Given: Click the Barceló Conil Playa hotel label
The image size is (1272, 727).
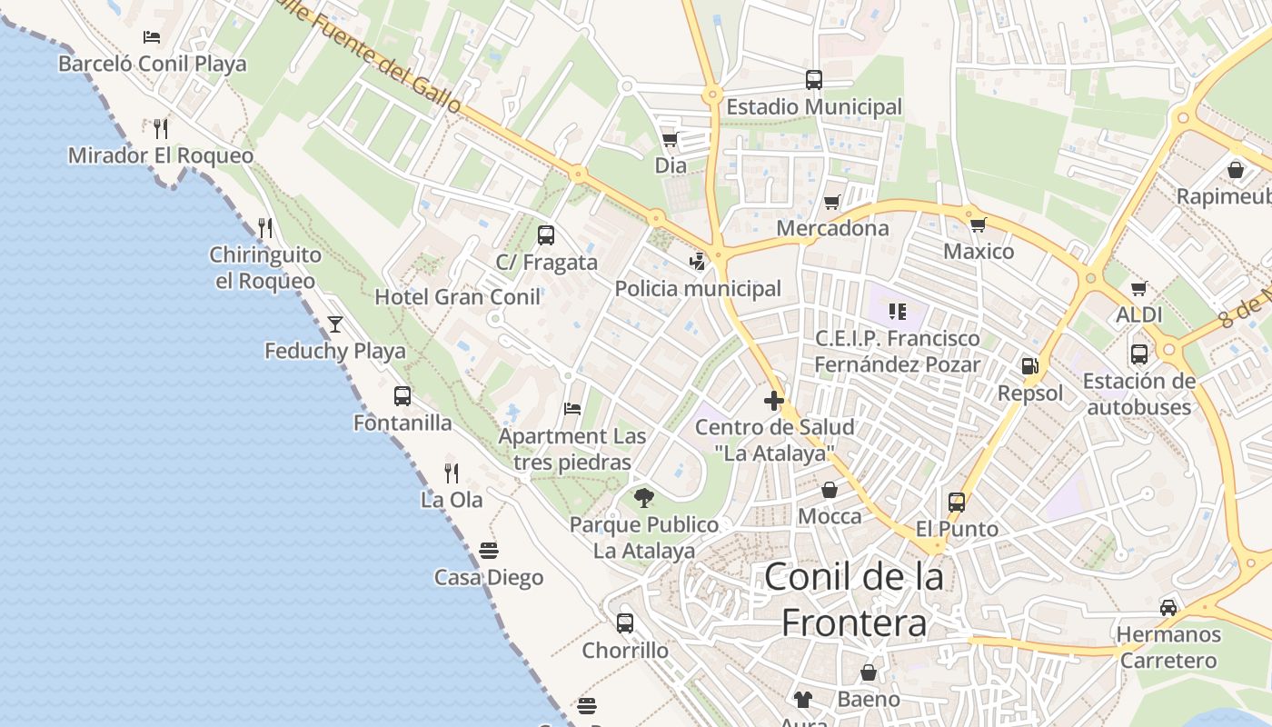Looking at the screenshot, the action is pos(153,64).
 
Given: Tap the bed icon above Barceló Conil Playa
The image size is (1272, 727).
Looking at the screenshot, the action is pos(152,37).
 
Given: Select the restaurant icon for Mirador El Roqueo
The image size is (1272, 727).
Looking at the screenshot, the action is pos(161,127).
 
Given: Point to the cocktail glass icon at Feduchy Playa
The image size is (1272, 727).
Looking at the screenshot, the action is pos(335,324).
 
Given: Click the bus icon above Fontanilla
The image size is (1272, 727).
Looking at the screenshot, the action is pos(402,396).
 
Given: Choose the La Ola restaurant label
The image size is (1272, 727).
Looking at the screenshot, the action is pos(452,500).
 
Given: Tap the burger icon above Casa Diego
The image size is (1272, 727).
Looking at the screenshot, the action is pos(489,551).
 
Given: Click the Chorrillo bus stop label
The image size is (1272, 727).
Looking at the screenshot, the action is pos(625,651).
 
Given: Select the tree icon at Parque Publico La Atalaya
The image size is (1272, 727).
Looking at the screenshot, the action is pos(644,497).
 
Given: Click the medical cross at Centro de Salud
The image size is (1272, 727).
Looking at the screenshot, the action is pos(774,400).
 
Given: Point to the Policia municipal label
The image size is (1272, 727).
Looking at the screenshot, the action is pos(698,289).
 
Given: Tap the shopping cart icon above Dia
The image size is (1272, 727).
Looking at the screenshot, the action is pos(671,139).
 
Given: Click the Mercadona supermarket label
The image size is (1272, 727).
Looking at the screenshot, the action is pos(832,228).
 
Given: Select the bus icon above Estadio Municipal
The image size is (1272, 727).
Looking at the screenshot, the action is pos(814,80).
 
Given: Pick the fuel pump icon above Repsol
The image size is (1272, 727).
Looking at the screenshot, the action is pos(1029,366).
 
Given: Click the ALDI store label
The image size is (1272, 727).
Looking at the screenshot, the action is pos(1139,315).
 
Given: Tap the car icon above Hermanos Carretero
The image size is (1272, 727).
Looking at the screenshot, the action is pos(1168,607).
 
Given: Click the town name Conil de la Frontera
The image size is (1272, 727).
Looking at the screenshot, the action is pos(854,599).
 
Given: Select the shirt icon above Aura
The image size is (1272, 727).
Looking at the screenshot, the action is pos(803,699).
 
